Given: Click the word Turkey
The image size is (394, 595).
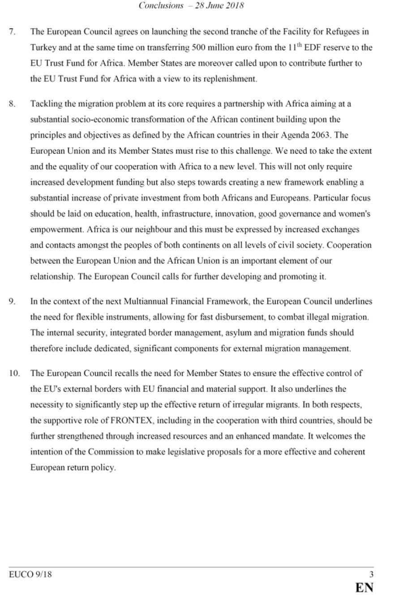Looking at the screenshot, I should tap(43, 47).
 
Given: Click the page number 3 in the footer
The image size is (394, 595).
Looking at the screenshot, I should tap(371, 574).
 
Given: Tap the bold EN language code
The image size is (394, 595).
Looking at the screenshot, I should tap(364, 587).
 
